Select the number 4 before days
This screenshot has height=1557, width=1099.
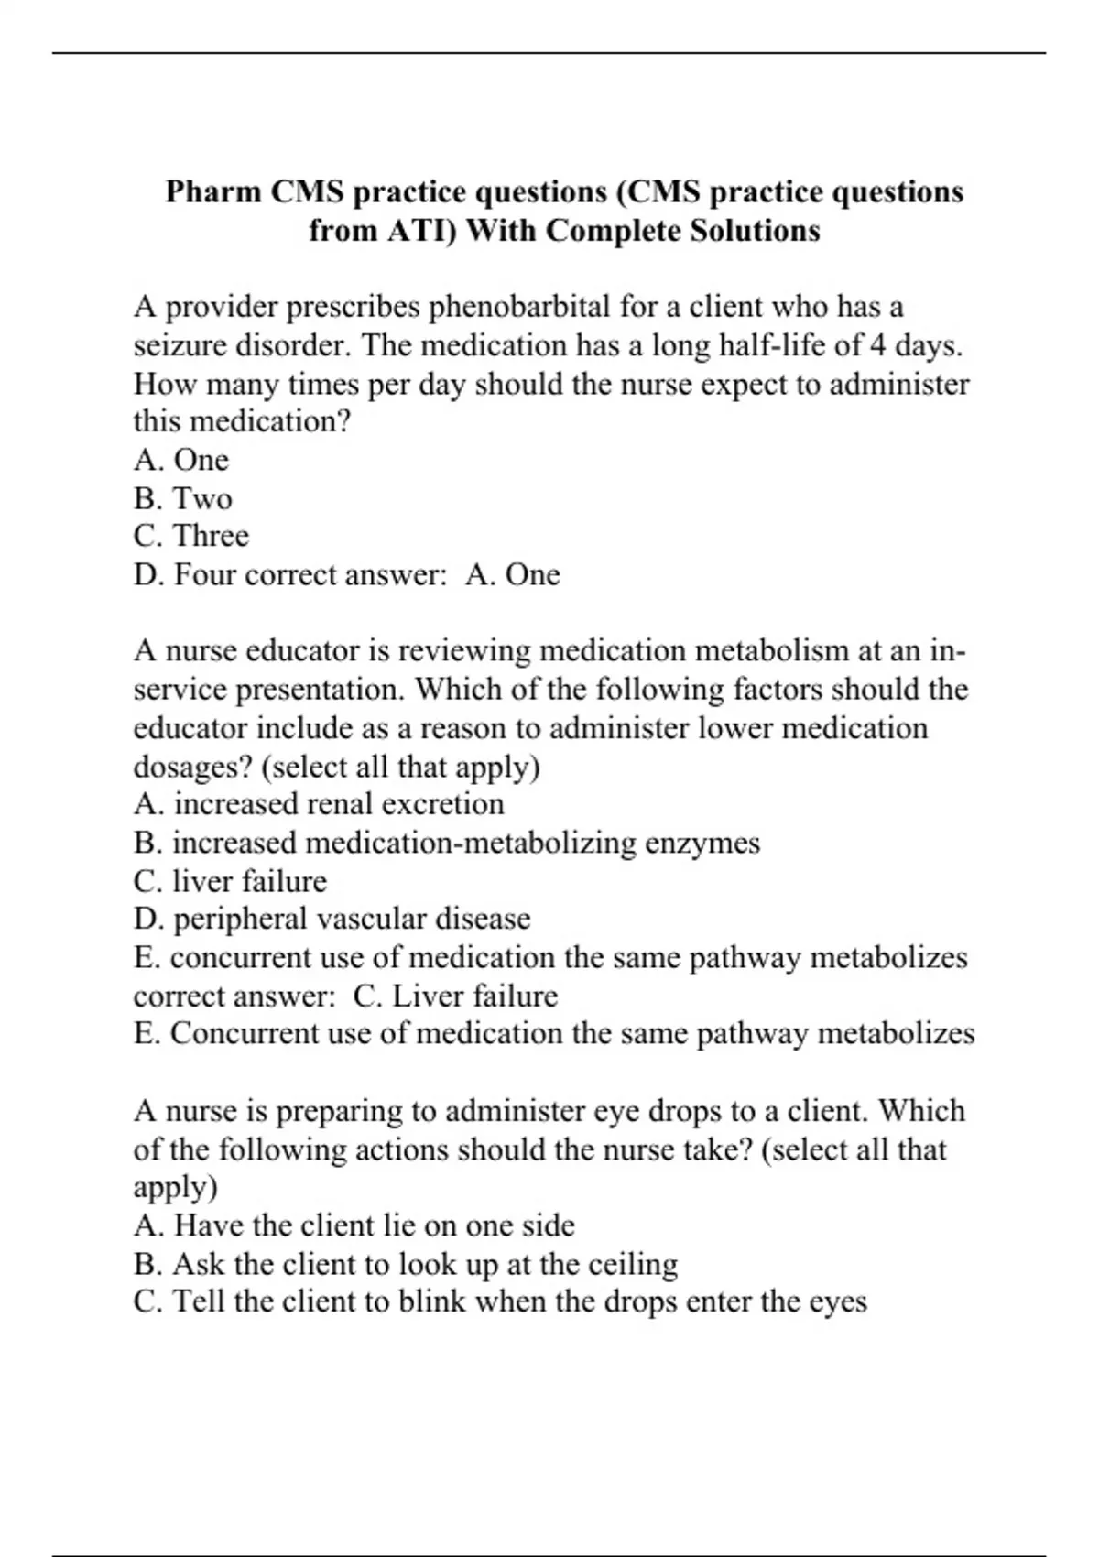click(x=877, y=345)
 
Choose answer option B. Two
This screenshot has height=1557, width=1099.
click(x=182, y=498)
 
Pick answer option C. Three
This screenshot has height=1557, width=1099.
click(x=190, y=536)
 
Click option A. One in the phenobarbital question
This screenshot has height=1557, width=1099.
click(x=180, y=460)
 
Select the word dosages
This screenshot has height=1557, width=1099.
click(x=192, y=767)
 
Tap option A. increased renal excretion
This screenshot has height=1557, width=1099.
click(x=319, y=804)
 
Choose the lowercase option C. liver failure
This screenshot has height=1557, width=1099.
click(x=230, y=881)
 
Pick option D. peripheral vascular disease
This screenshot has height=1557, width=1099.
click(x=332, y=919)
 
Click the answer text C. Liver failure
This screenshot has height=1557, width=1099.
click(x=455, y=996)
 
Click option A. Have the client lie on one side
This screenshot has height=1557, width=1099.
click(x=354, y=1225)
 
